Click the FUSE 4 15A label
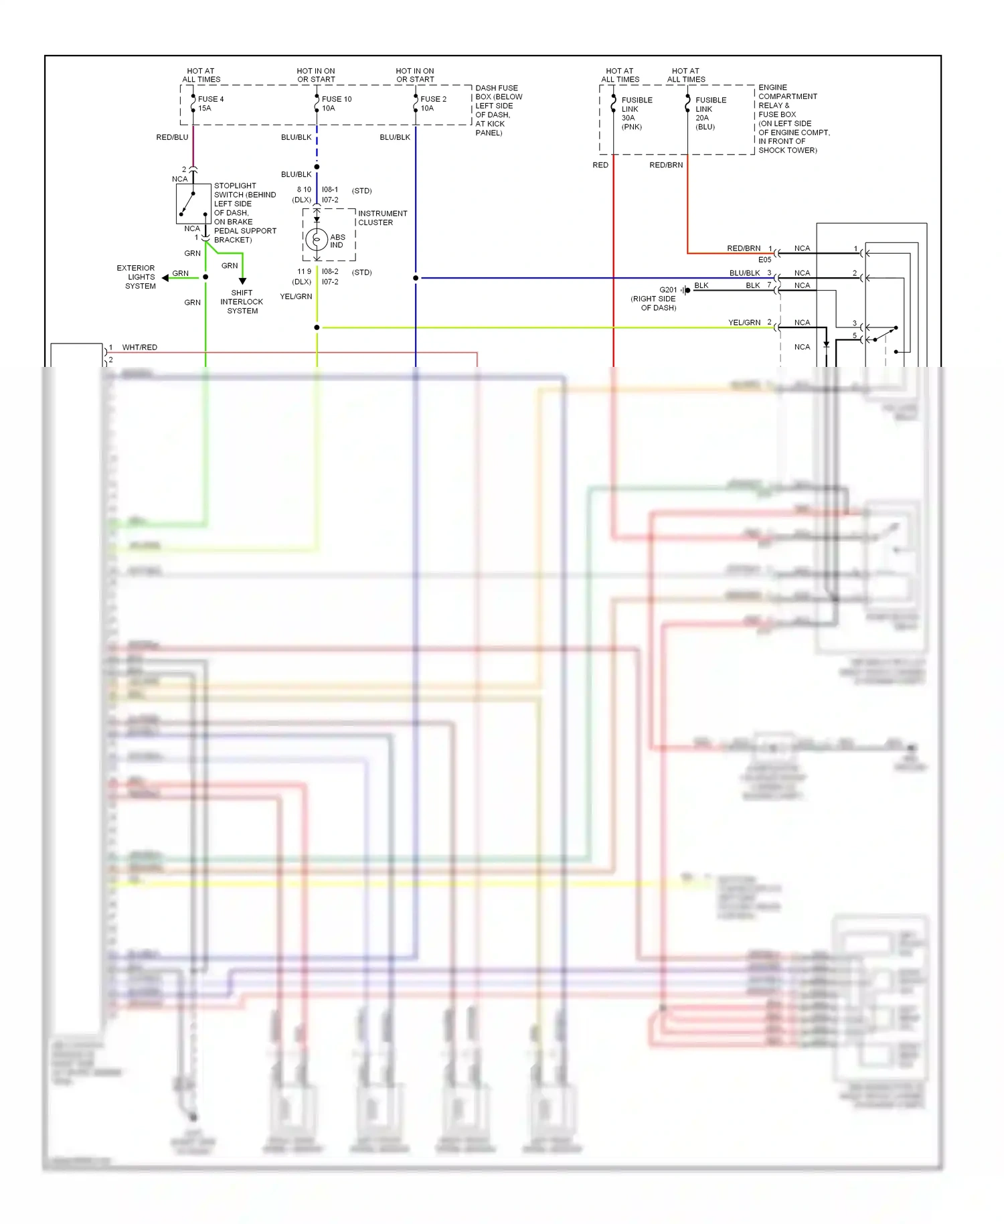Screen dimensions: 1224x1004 click(x=210, y=104)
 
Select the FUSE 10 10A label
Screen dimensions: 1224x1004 click(x=336, y=104)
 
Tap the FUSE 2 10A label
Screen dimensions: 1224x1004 click(x=433, y=104)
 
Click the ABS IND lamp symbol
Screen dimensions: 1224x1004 click(x=317, y=238)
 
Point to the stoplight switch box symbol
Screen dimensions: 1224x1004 click(x=193, y=204)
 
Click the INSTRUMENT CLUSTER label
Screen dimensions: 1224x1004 click(x=382, y=218)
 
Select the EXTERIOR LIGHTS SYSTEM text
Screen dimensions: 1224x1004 click(x=137, y=277)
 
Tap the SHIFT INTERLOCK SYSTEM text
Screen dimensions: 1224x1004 click(x=242, y=302)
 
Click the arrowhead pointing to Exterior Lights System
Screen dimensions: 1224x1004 click(x=165, y=277)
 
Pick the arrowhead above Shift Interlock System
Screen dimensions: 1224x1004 click(x=242, y=281)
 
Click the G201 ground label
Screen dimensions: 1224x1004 click(x=668, y=290)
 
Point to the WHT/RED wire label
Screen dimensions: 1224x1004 click(x=140, y=348)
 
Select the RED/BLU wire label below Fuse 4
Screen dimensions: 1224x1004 click(x=172, y=137)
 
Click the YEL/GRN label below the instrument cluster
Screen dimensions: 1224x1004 click(x=296, y=297)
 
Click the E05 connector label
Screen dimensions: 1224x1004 click(x=764, y=260)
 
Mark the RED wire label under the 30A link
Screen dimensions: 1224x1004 click(x=600, y=165)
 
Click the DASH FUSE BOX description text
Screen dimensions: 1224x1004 click(x=498, y=110)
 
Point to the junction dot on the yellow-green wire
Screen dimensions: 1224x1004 click(x=317, y=327)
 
